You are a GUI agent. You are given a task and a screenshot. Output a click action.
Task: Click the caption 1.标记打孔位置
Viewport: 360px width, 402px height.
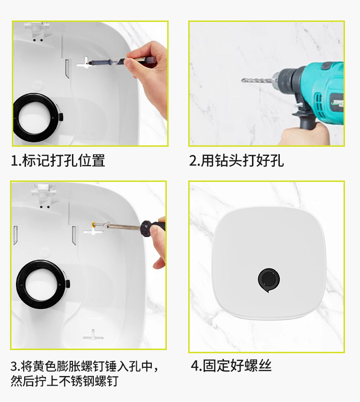[58, 160]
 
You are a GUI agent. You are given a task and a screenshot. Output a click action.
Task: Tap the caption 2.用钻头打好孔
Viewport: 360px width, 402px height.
[237, 160]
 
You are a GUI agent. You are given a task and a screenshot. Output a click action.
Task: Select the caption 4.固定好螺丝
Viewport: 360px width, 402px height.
[231, 366]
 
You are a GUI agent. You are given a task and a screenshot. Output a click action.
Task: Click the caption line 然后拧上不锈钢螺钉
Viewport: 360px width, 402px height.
[64, 381]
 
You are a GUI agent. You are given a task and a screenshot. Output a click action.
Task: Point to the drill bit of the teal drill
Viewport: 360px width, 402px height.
[257, 80]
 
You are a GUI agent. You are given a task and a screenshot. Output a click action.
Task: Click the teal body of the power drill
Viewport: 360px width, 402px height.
[323, 92]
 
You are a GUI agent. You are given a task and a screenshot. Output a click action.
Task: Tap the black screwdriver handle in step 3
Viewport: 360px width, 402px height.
[153, 227]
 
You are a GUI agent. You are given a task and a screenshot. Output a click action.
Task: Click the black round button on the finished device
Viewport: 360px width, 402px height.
[269, 280]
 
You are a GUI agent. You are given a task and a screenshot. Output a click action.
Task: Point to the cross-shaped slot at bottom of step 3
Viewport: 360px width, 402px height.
[93, 335]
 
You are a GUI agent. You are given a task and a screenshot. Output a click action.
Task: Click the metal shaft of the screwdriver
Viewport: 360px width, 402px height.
[123, 226]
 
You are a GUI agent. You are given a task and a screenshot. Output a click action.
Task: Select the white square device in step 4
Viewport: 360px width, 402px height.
[269, 263]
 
